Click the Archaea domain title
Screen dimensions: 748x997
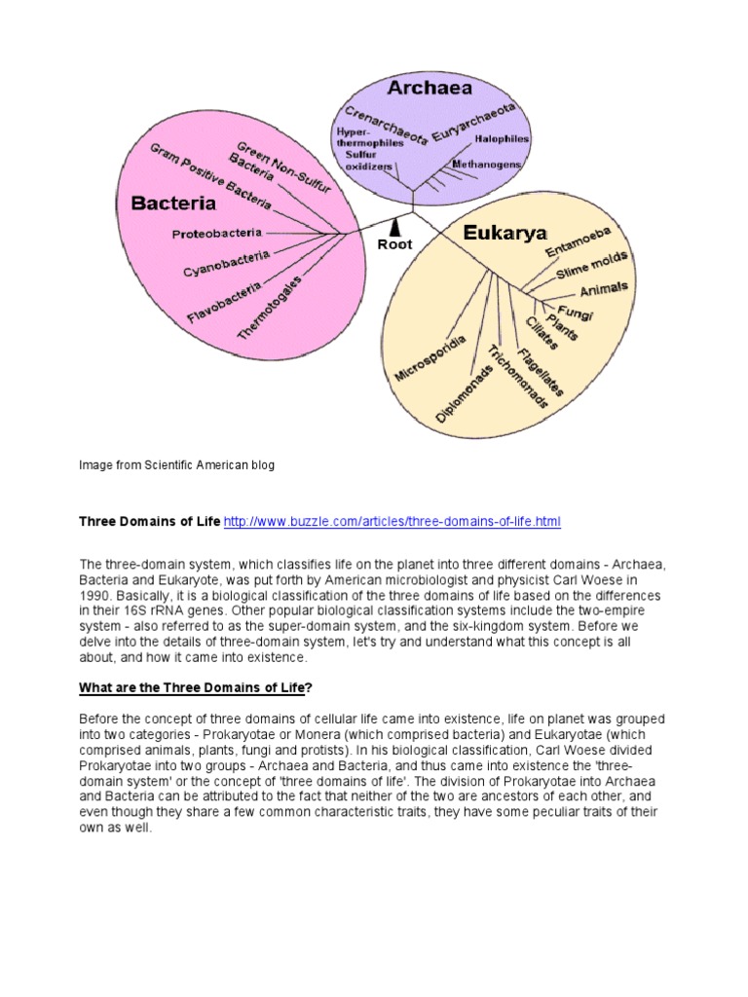430,88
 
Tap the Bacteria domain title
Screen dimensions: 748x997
173,203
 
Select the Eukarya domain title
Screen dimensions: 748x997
505,233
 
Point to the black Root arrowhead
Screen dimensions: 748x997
395,229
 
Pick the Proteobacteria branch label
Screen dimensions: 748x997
217,234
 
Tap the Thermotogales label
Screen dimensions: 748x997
270,307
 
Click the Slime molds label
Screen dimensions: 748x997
592,266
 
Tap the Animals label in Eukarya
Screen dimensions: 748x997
604,289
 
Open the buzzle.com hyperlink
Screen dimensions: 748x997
393,522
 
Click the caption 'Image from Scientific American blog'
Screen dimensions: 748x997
176,465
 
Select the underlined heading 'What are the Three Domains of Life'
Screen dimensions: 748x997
192,688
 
